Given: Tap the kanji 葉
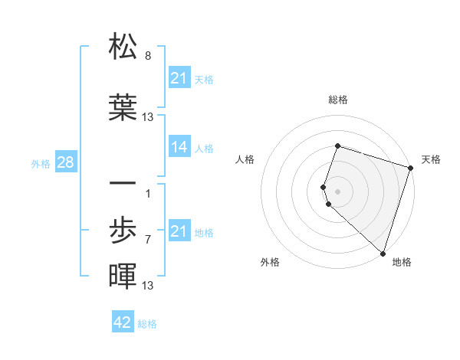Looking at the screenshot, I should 123,107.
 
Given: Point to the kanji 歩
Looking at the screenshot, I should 123,229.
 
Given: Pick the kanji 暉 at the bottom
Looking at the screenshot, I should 123,276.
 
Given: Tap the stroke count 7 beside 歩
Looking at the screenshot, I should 148,239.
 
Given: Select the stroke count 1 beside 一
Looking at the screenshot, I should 148,193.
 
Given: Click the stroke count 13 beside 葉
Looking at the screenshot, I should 148,116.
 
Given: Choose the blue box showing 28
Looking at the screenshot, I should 64,162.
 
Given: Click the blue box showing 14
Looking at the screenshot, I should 179,147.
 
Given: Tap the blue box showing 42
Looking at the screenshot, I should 123,322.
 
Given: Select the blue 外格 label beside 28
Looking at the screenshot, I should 41,163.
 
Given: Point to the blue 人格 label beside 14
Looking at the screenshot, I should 204,148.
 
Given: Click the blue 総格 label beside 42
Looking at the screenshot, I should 147,323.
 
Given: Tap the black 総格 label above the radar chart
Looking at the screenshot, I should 337,100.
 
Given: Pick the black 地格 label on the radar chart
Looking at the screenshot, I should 402,262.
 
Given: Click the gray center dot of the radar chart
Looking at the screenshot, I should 337,191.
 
